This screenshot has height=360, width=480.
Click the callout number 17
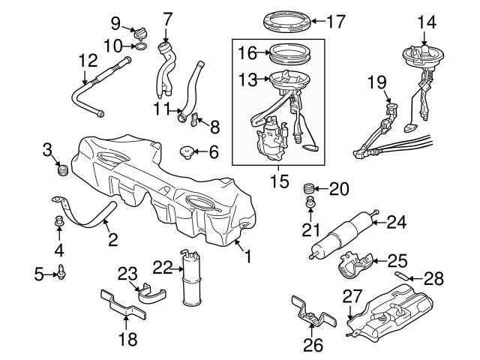pos(337,21)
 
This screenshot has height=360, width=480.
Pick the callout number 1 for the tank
pos(247,256)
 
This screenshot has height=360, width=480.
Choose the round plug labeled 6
pos(187,153)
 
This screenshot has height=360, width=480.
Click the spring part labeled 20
pos(307,187)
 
